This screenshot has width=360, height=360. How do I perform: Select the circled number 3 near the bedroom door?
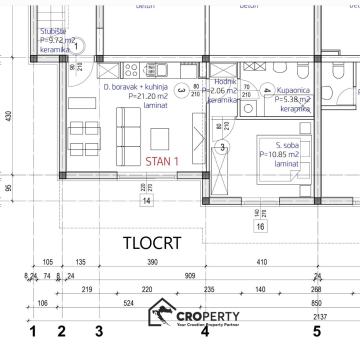[222, 147]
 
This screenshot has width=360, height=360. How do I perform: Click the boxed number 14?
[146, 200]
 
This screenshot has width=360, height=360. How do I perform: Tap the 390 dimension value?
[152, 261]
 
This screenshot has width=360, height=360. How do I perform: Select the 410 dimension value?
[263, 261]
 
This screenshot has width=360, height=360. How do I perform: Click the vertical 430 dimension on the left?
[7, 117]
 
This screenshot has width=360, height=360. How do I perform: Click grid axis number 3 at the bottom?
[98, 329]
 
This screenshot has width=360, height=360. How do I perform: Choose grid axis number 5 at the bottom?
[316, 329]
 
